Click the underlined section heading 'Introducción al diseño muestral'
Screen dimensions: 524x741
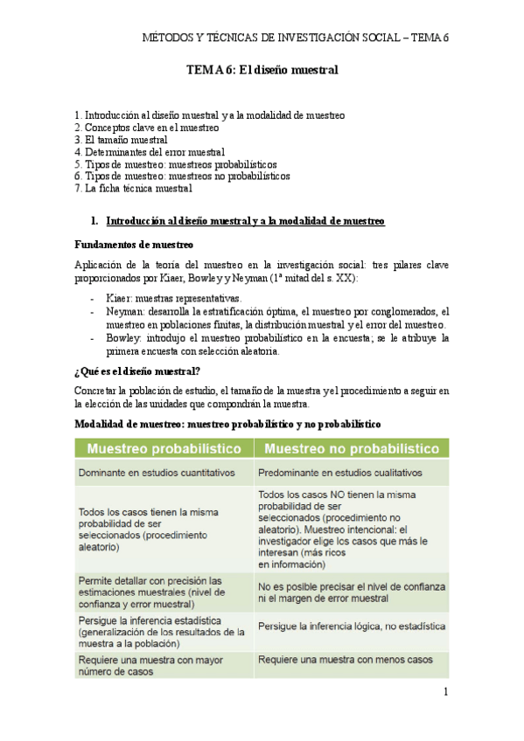[245, 221]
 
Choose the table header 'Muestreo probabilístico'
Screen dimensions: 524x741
[163, 448]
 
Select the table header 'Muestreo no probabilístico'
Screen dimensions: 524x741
[351, 448]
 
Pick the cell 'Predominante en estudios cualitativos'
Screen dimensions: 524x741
[341, 473]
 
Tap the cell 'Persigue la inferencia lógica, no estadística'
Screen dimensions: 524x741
[351, 627]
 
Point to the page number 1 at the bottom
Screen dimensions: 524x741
[445, 693]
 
